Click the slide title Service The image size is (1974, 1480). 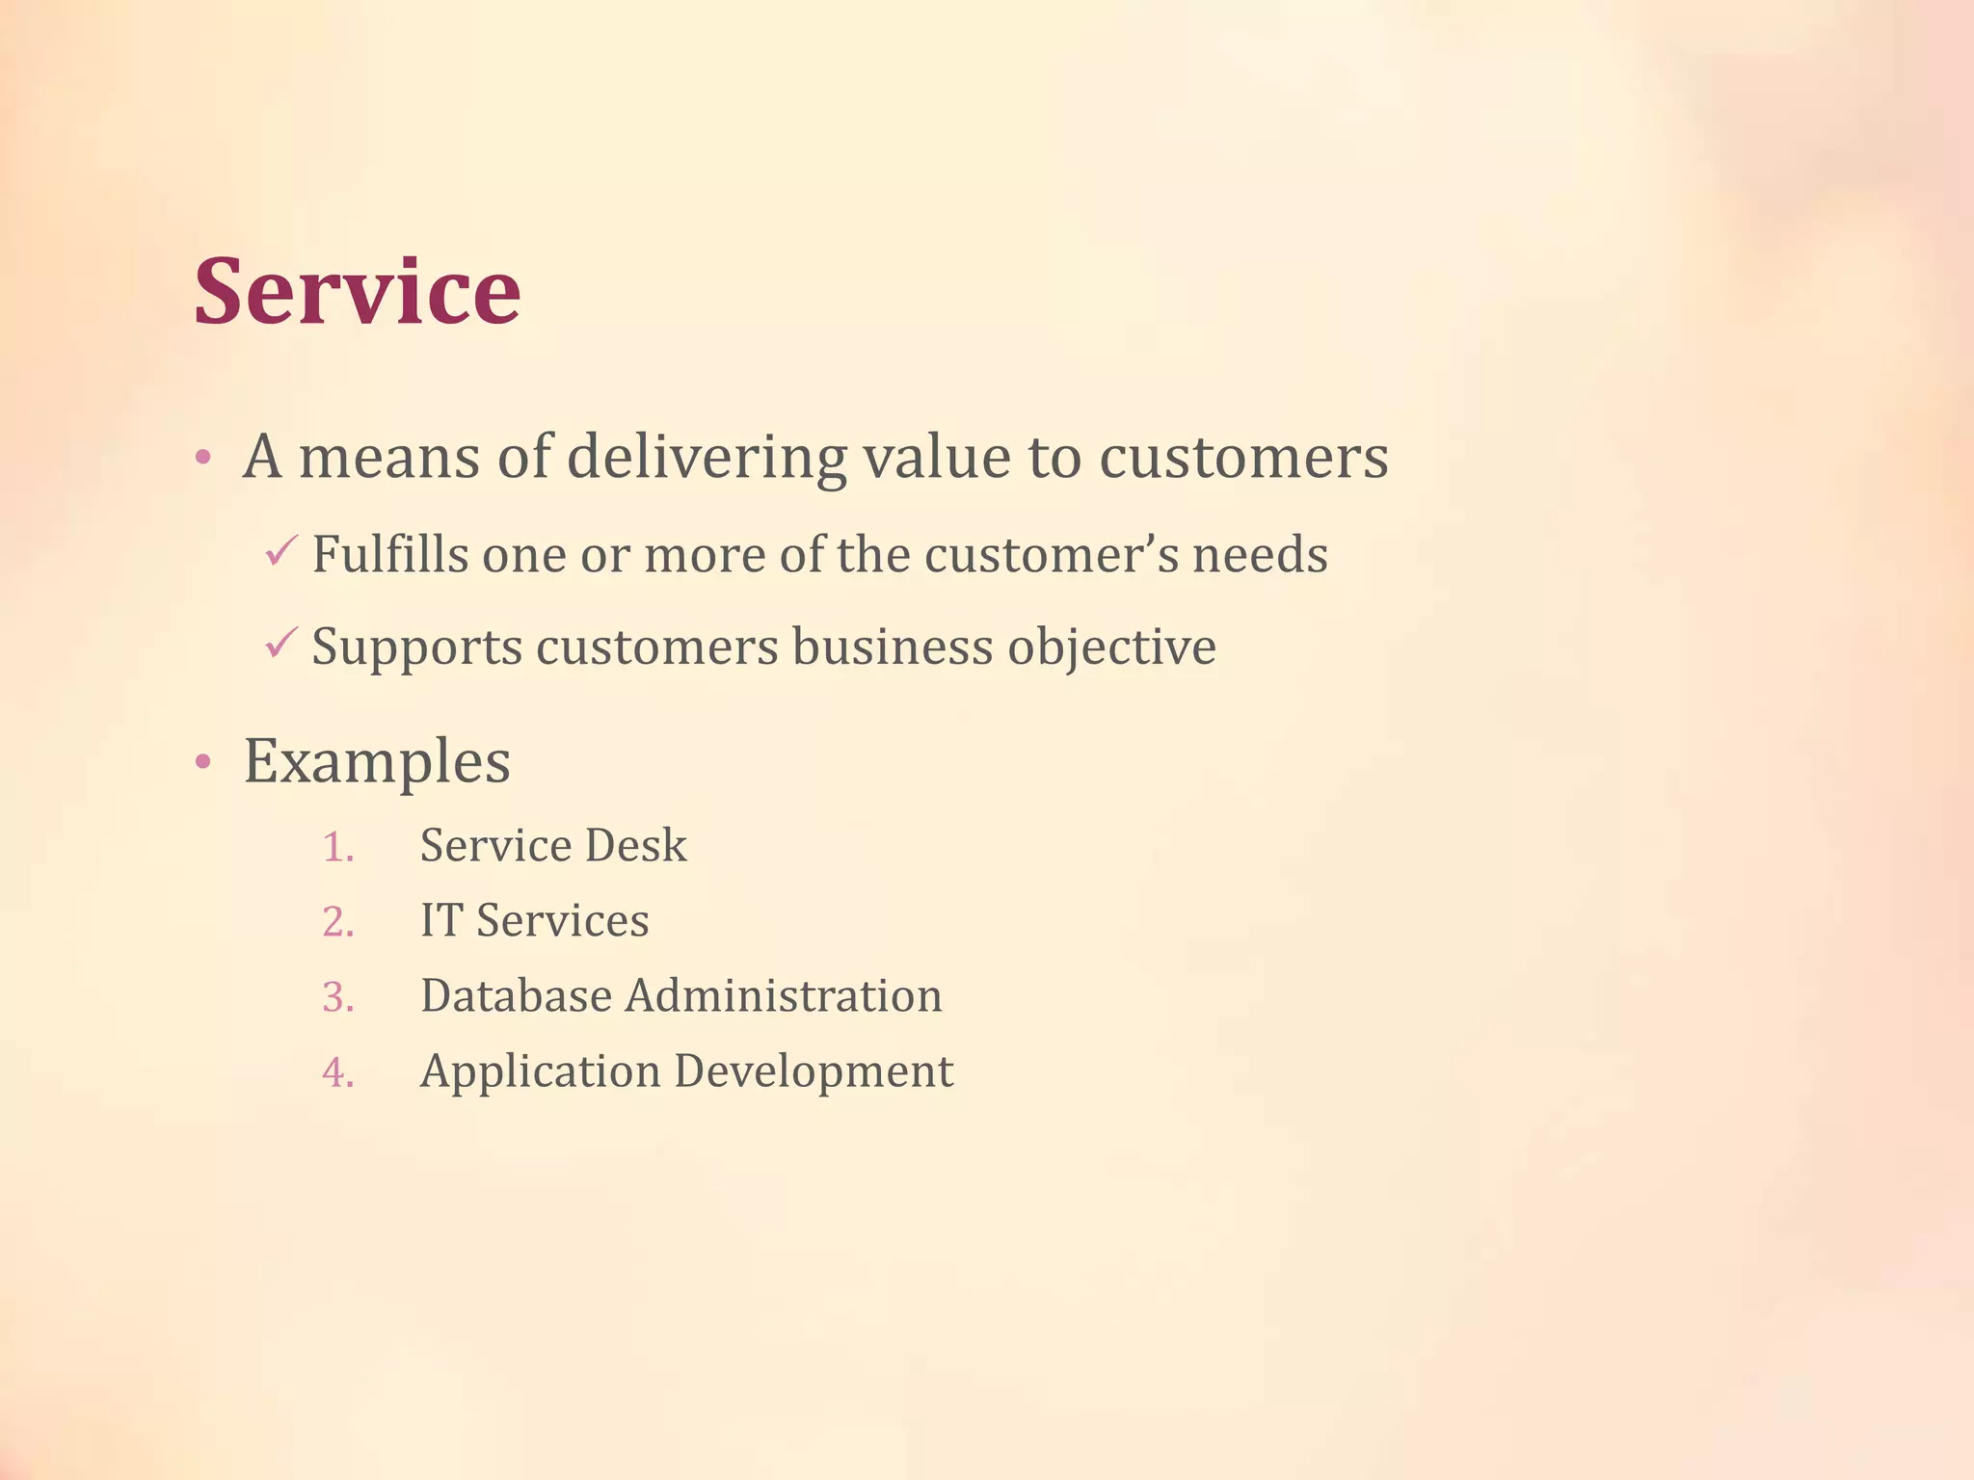(x=357, y=291)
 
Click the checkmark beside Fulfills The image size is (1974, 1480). (x=279, y=552)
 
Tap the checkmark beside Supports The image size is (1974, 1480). (x=279, y=644)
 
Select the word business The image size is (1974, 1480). (x=893, y=647)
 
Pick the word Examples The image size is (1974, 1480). (x=377, y=762)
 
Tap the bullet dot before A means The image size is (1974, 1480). (x=202, y=458)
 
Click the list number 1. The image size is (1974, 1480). (x=337, y=847)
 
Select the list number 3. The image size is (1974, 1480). (x=337, y=997)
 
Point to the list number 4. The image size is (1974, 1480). (x=337, y=1072)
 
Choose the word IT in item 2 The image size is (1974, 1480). (x=440, y=921)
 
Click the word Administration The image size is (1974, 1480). (x=784, y=996)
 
